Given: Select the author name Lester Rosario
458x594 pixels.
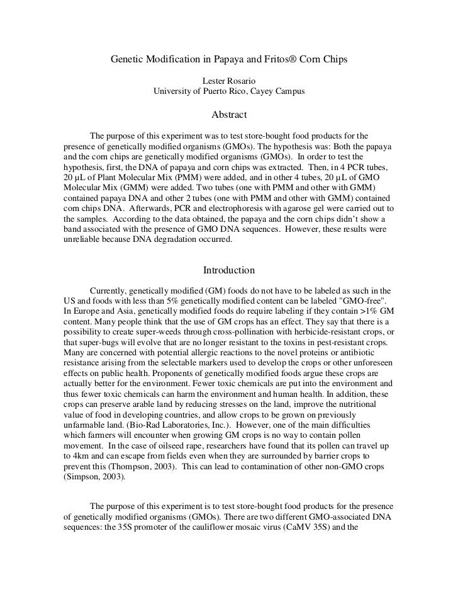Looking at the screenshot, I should click(228, 81).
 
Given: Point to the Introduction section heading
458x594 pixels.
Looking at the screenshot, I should click(228, 270).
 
